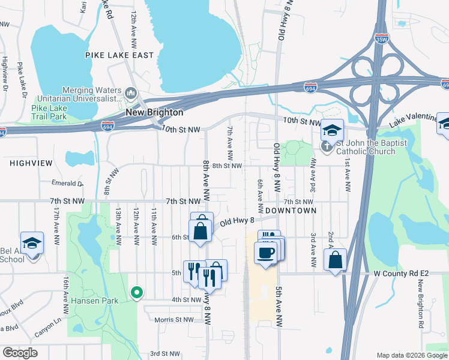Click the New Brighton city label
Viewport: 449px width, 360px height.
tap(154, 112)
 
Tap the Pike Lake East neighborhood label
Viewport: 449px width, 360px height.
tap(119, 55)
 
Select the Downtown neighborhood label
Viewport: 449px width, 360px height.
tap(291, 211)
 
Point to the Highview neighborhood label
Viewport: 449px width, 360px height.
tap(31, 163)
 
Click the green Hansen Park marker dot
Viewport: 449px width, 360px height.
tap(137, 293)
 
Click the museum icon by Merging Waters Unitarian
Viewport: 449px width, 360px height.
tap(131, 94)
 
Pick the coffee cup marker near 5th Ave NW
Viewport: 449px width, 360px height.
tap(265, 252)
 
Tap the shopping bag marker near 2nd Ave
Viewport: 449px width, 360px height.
tap(336, 260)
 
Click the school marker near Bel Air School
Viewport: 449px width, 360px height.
tap(31, 242)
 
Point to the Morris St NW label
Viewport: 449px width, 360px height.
tap(174, 320)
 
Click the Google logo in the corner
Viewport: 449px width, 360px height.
tap(20, 353)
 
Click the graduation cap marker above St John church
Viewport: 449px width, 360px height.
tap(331, 130)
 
